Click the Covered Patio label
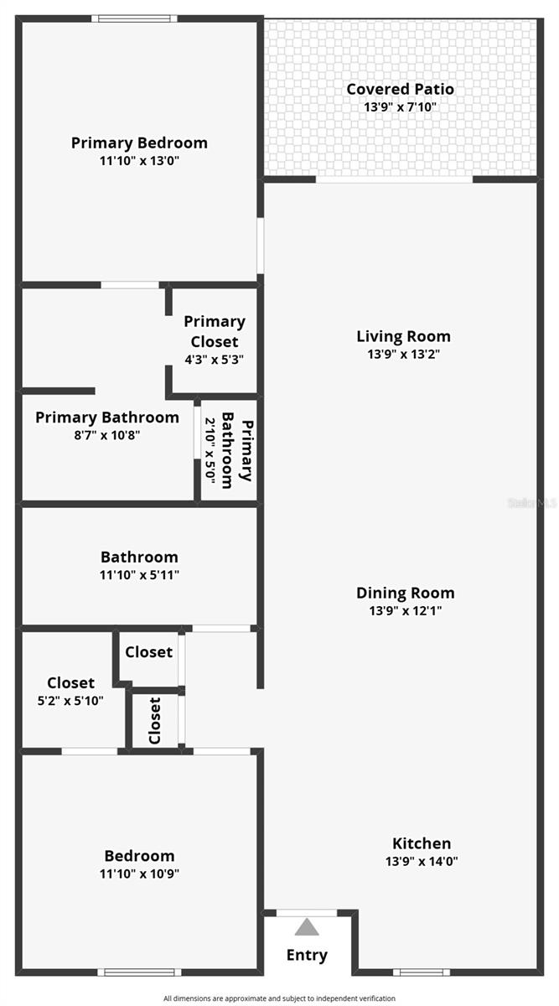[x=400, y=89]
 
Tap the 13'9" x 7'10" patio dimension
[x=400, y=107]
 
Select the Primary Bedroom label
[x=139, y=143]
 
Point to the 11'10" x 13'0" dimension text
[x=139, y=160]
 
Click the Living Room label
[x=403, y=336]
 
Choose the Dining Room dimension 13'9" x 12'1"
[x=405, y=610]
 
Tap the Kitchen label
[x=422, y=843]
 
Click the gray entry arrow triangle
[x=307, y=926]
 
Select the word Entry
[x=307, y=955]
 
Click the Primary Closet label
[x=215, y=331]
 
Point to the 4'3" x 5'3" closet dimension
[x=215, y=360]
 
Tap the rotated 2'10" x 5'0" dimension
[x=210, y=450]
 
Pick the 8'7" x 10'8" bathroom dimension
[x=107, y=435]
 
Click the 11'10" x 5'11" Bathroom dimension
[x=139, y=574]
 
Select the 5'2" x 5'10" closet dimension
[x=70, y=700]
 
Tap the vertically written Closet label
[x=154, y=720]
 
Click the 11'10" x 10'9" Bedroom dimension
[x=139, y=873]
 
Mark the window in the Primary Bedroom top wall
[x=134, y=18]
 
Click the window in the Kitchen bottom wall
[x=422, y=972]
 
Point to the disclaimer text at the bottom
[x=279, y=998]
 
